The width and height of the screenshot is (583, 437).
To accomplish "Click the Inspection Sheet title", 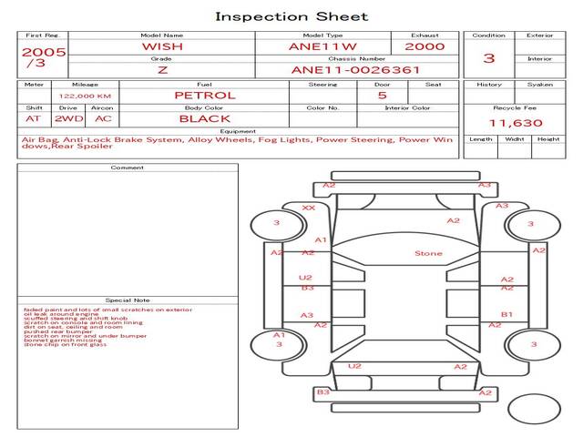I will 291,16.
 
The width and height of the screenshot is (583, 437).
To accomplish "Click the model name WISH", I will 161,46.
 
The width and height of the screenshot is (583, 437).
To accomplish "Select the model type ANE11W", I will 322,46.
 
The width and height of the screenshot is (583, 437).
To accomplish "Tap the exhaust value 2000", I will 424,46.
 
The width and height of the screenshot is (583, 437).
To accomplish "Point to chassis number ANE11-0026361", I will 356,70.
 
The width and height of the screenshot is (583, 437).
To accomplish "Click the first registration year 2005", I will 44,52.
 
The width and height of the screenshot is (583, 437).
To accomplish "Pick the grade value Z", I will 161,70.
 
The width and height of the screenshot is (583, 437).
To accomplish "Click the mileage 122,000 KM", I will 85,96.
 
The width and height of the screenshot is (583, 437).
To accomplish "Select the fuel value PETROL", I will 204,95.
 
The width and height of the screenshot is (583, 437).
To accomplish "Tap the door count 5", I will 382,95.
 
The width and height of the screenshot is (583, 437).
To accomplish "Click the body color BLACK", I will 204,118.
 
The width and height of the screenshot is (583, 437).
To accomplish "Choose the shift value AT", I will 34,118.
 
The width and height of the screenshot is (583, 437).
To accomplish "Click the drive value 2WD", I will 66,118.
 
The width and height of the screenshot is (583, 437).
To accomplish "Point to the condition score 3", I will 489,58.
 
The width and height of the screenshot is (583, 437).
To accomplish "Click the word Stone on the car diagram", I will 428,253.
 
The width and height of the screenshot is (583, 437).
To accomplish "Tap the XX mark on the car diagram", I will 309,208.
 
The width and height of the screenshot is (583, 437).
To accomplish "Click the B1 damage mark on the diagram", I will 507,315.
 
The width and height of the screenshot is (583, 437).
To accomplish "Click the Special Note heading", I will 127,300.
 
